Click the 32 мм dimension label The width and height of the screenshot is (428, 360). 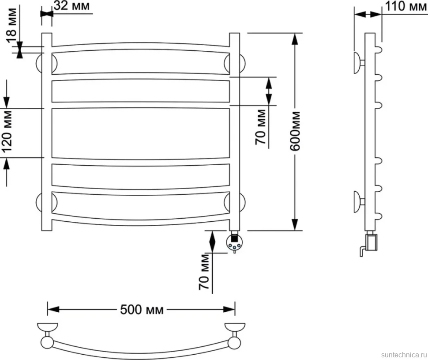[71, 5]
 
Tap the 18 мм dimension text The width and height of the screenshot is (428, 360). [12, 25]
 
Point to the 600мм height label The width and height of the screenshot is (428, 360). [295, 131]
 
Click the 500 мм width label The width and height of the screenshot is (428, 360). [142, 310]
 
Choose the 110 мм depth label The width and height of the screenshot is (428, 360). [405, 6]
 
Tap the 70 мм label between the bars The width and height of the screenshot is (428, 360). [261, 127]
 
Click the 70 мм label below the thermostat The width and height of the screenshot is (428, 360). [204, 272]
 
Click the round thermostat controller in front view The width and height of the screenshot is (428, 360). [234, 243]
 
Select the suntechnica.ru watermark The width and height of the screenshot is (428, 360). [404, 355]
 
